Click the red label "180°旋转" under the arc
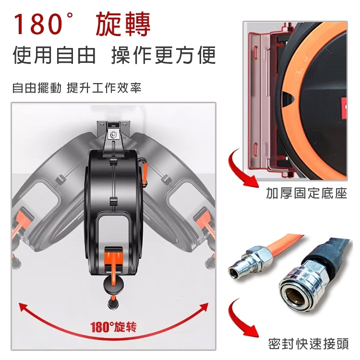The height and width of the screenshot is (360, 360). click(x=114, y=327)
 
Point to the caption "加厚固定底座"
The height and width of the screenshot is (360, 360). click(x=306, y=194)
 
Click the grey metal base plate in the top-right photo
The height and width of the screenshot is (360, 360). click(x=262, y=106)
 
